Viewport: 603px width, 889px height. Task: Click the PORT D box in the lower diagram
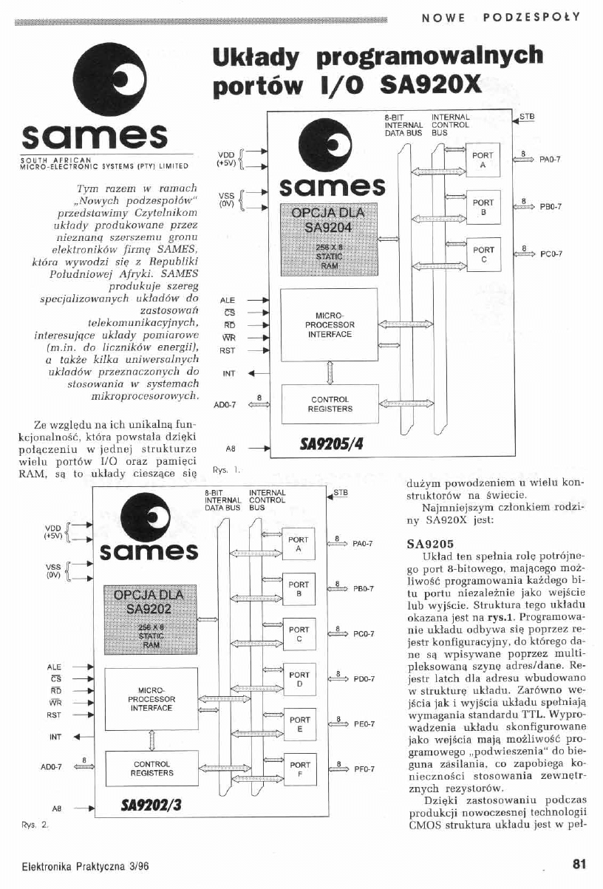pos(299,679)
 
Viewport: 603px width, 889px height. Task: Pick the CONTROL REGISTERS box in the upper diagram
pos(330,403)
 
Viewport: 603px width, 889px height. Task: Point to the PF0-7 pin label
pos(364,769)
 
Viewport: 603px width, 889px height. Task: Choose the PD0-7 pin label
pos(364,679)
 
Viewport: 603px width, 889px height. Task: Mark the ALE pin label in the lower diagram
pos(55,667)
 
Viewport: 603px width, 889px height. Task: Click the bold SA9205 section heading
pos(425,542)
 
